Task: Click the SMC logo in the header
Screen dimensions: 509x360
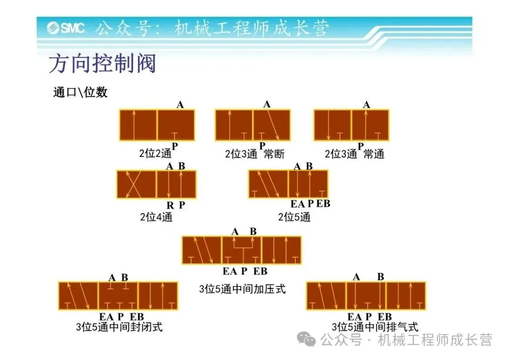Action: coord(66,29)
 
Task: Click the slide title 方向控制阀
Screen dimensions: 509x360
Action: coord(102,64)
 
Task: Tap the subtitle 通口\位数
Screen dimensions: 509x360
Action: coord(81,92)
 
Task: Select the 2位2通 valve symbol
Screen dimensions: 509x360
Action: coord(157,125)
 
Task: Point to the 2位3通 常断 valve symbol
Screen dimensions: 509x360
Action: coord(253,125)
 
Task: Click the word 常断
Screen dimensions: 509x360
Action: coord(274,154)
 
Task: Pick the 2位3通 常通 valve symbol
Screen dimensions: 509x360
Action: coord(352,125)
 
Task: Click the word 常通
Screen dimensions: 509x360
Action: coord(374,154)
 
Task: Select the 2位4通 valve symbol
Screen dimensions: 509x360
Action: coord(156,184)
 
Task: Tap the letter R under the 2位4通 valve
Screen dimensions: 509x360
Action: coord(170,205)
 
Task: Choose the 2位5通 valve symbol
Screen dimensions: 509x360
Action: coord(288,184)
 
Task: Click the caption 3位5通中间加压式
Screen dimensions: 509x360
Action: coord(242,288)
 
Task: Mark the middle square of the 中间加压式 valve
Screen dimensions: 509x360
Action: coord(242,250)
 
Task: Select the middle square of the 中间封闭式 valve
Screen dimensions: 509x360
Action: coord(118,296)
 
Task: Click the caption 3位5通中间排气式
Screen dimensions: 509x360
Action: coord(375,327)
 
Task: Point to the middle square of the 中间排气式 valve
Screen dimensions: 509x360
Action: coord(366,296)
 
